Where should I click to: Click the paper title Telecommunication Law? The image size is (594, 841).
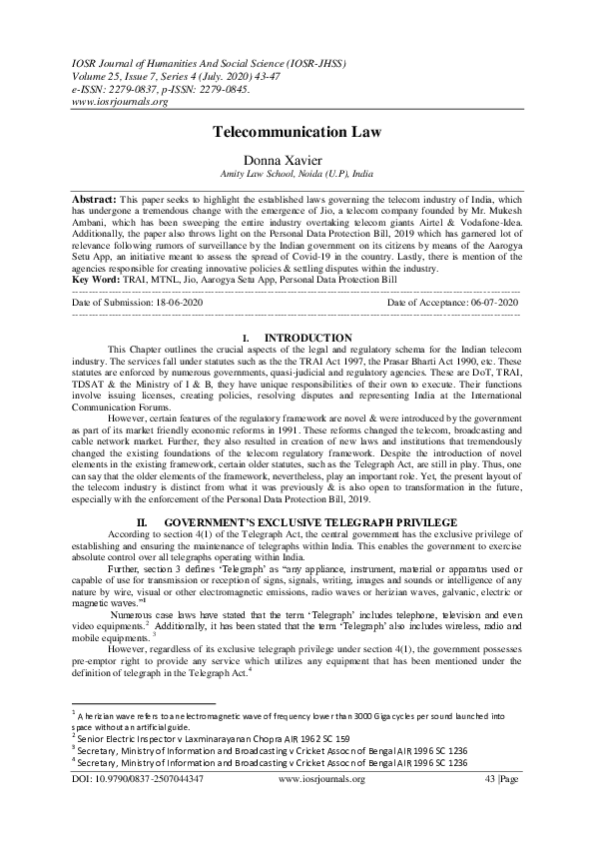point(297,132)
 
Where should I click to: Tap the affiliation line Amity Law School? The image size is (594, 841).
point(297,173)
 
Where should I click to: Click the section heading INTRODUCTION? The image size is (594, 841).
point(308,338)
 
